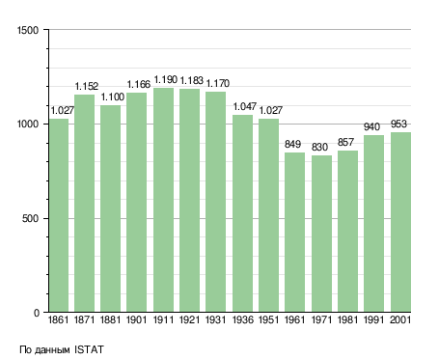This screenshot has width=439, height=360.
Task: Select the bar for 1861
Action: coord(59,215)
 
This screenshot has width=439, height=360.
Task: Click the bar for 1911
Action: coord(163,200)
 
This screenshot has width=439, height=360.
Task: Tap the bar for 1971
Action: coord(321,234)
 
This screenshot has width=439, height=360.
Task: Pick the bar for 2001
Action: coord(400,222)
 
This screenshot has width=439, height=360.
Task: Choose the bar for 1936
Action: coord(242,213)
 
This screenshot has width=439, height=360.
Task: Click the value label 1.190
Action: coord(166,79)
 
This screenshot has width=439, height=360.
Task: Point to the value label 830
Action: coord(319,147)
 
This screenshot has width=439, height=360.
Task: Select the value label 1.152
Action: coord(87,86)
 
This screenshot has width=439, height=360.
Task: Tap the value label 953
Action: coord(398,124)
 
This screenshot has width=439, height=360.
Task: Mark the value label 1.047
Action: coord(245,106)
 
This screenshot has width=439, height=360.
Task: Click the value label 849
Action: coord(292,144)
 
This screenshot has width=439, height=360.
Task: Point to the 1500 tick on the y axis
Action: coord(28,30)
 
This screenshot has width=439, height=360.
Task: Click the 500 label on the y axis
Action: coord(30,218)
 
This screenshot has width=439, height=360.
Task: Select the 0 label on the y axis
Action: coord(37,313)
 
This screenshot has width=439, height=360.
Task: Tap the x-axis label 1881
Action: coord(110,319)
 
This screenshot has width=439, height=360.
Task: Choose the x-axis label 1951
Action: coord(268,319)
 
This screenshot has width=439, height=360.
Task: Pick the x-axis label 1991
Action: coord(373,319)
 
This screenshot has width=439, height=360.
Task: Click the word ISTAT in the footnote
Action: coord(89,349)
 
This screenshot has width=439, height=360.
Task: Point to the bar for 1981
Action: coord(347,232)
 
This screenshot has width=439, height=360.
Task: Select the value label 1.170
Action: coord(218,83)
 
